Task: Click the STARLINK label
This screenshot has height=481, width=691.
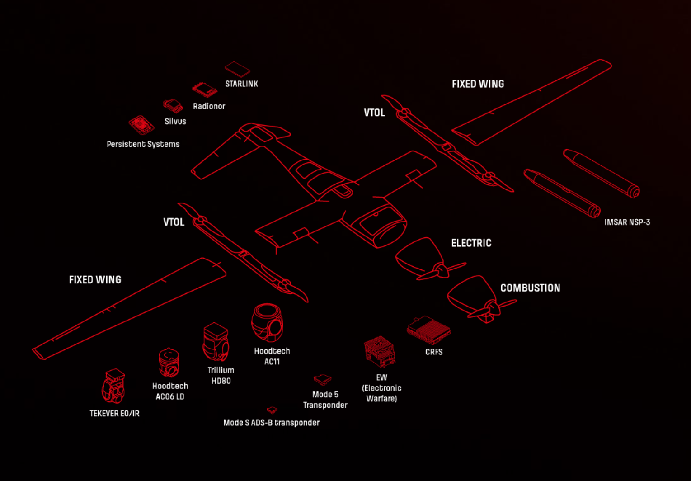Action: point(241,84)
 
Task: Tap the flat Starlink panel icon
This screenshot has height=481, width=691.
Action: point(237,69)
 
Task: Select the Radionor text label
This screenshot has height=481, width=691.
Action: point(209,106)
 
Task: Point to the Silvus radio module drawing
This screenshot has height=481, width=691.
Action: point(173,106)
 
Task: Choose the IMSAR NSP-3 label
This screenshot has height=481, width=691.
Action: point(627,222)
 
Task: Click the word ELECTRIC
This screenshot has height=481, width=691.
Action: point(471,243)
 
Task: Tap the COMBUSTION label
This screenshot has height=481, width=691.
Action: point(530,288)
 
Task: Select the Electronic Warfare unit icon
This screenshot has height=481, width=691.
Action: point(380,352)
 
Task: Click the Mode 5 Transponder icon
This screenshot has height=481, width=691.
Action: point(322,379)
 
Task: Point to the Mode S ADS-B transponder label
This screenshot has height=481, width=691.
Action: point(271,423)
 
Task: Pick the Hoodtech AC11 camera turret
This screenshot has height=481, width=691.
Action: point(268,322)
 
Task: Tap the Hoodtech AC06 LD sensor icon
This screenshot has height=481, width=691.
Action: point(169,363)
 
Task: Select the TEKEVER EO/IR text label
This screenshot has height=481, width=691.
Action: point(114,414)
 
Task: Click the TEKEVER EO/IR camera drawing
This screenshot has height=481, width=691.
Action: point(113,386)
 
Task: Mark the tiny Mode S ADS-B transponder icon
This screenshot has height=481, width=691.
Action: point(272,410)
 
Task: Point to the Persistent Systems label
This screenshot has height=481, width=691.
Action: point(143,144)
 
